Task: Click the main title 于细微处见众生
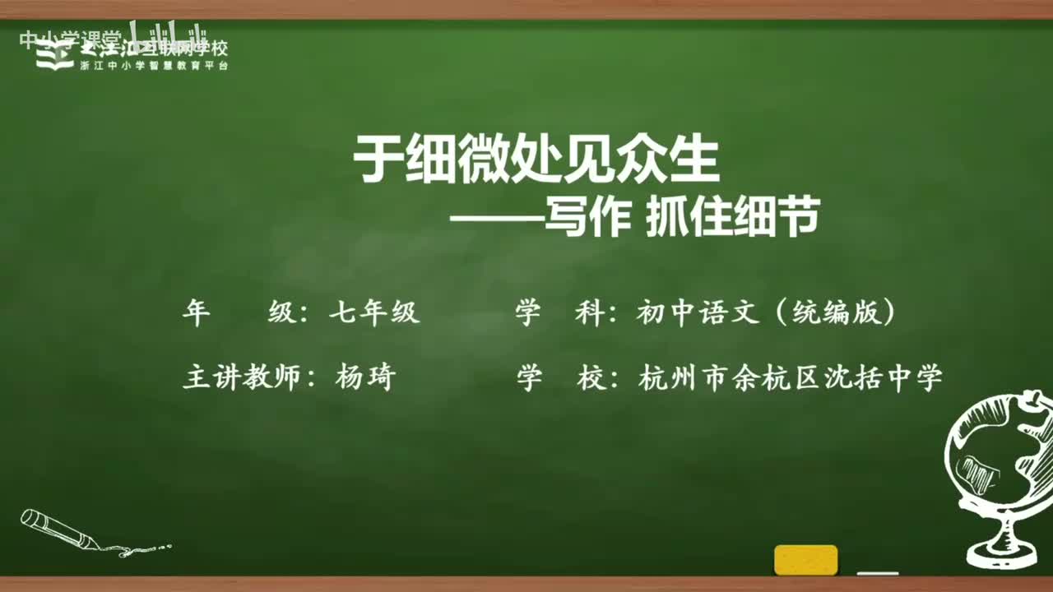[x=536, y=160]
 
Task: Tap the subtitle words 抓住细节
[x=732, y=220]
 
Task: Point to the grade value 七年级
[x=374, y=313]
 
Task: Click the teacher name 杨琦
[x=365, y=377]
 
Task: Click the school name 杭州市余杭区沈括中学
[x=790, y=377]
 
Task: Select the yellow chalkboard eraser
[x=805, y=560]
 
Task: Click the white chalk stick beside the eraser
[x=877, y=572]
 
